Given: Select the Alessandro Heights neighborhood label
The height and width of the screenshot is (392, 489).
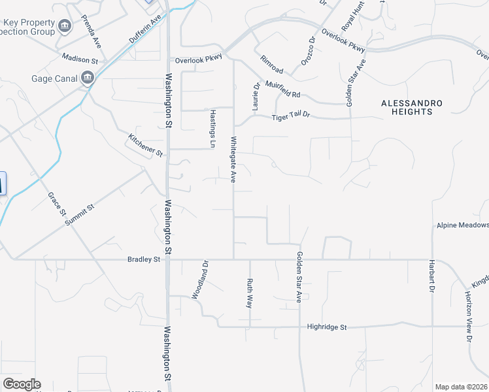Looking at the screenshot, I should tap(412, 108).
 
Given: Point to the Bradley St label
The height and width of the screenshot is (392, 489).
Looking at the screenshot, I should tap(144, 259).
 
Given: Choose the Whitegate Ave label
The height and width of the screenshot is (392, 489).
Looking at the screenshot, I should tap(233, 159).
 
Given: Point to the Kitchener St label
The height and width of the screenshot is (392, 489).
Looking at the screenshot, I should tap(145, 145).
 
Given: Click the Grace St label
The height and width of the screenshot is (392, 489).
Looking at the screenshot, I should tap(57, 204).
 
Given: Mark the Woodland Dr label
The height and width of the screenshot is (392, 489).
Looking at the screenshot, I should tap(199, 280).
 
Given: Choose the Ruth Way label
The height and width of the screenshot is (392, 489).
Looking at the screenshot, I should tap(249, 293).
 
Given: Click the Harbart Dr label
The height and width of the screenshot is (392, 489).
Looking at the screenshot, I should tap(432, 277).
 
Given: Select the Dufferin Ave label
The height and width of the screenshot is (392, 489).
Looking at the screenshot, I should tap(144, 30).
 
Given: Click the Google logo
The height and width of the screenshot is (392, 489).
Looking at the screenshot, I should tap(22, 384).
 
